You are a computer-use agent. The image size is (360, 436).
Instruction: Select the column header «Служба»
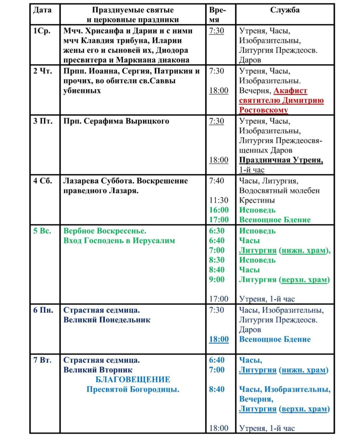click(x=285, y=10)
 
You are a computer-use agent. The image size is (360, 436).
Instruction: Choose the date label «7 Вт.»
click(x=43, y=360)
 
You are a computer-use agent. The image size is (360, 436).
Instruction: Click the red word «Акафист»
click(x=291, y=91)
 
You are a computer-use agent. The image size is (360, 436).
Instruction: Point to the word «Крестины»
click(x=257, y=200)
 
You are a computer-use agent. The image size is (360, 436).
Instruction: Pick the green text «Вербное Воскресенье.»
click(x=105, y=231)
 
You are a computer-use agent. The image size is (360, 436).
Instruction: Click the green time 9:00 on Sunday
click(x=217, y=280)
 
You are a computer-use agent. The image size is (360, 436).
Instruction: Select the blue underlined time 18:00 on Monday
click(x=219, y=339)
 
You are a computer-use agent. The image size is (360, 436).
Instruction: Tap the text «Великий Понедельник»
click(x=107, y=320)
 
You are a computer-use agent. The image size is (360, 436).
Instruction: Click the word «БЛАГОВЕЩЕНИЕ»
click(x=133, y=379)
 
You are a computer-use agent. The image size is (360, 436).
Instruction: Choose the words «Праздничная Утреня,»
click(x=281, y=161)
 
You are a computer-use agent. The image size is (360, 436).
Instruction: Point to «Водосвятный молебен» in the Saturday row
click(x=279, y=190)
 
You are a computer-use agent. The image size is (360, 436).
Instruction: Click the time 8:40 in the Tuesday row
click(x=217, y=389)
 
